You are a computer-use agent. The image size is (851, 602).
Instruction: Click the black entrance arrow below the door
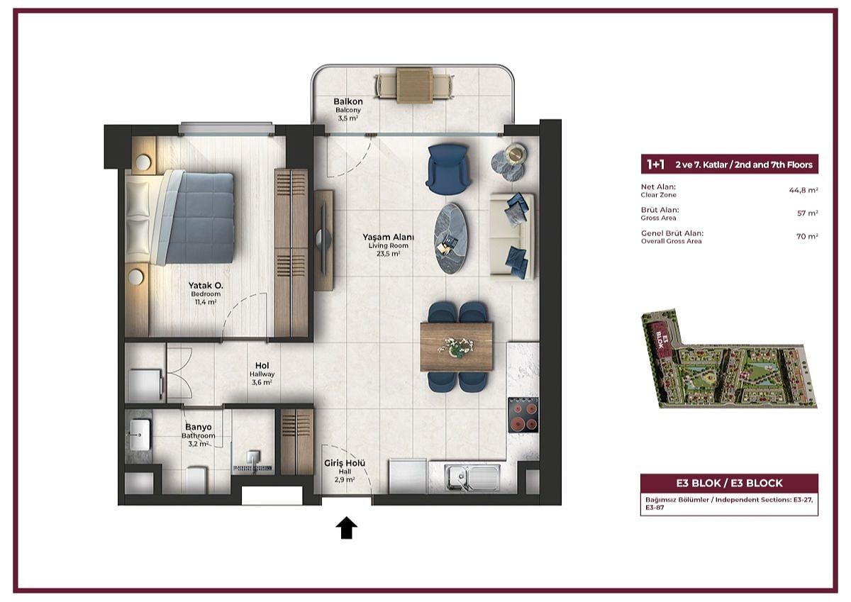(x=347, y=528)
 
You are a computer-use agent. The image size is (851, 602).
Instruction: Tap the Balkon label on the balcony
(x=348, y=101)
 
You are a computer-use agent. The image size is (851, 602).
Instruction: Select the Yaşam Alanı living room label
(x=388, y=238)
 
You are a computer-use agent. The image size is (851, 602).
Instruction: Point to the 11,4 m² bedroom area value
(x=206, y=302)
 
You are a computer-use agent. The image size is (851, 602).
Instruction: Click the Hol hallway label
(x=262, y=365)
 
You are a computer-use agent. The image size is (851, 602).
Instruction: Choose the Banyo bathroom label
(x=199, y=428)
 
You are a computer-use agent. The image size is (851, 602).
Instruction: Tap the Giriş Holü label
(x=345, y=463)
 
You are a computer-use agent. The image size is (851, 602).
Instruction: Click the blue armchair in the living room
(x=448, y=169)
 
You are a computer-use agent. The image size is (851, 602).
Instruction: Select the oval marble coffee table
(x=451, y=238)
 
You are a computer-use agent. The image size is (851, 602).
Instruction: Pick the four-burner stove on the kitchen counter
(x=523, y=415)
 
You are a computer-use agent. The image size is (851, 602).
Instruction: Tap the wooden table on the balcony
(x=414, y=85)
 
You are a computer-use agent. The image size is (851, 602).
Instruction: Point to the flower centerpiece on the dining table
(x=456, y=347)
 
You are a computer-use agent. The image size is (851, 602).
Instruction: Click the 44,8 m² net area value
(x=803, y=190)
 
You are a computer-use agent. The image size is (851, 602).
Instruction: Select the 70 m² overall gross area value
(x=807, y=236)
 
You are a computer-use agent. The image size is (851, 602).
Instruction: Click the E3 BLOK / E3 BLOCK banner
(x=729, y=483)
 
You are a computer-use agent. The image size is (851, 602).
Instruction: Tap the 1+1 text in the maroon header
(x=656, y=165)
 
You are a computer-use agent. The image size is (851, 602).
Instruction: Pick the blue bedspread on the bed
(x=199, y=218)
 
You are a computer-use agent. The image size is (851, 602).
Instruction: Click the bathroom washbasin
(x=140, y=435)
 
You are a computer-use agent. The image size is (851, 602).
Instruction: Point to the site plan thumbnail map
(x=728, y=359)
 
